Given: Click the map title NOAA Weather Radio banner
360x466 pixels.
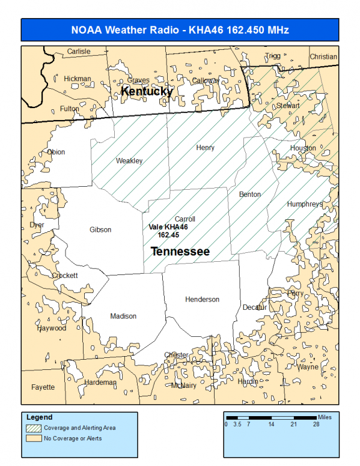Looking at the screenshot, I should (180, 30).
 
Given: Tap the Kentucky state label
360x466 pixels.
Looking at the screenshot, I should (147, 91).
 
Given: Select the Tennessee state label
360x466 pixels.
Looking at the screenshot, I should (180, 251).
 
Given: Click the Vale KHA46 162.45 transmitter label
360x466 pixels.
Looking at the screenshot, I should (168, 231).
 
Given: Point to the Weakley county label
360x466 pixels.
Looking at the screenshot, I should (129, 161).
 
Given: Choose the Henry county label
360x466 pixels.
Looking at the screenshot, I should (205, 148).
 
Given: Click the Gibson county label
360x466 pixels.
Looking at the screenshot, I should (100, 229).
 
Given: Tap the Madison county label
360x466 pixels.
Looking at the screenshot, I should (123, 316).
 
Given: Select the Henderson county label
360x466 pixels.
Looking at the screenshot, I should (202, 299).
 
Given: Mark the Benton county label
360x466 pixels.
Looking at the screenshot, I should (250, 195).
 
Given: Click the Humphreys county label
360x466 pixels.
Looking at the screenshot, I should (305, 204).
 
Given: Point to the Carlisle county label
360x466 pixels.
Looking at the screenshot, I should (79, 52).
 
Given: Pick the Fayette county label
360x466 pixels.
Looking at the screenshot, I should (43, 387).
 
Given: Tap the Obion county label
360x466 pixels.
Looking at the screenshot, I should (56, 152).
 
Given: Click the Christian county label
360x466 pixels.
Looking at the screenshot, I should (323, 57).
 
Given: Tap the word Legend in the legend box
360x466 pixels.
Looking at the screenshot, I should (40, 417).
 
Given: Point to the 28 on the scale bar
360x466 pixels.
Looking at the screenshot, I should (316, 424).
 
